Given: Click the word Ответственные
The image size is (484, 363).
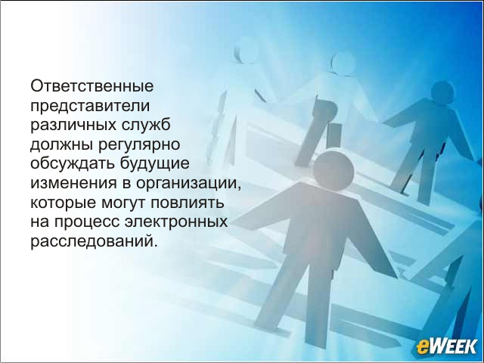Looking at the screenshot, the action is click(92, 86).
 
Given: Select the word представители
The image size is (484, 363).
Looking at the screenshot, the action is click(90, 107).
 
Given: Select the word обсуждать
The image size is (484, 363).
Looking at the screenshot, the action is click(73, 164).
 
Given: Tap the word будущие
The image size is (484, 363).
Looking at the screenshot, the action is click(154, 164).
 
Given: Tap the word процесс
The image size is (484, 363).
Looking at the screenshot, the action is click(87, 223).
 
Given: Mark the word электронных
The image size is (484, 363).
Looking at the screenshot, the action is click(176, 222).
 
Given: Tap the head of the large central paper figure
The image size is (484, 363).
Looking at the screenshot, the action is click(334, 171).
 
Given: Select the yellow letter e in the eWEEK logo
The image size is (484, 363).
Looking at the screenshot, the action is click(422, 347).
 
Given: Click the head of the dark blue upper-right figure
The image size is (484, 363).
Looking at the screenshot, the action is click(442, 92).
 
